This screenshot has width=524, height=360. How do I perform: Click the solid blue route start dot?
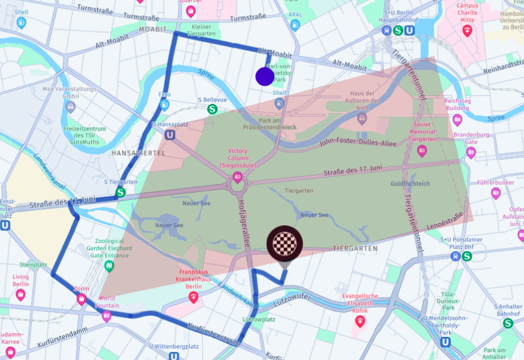[x=264, y=77]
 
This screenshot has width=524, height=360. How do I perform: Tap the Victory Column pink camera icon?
[x=237, y=177]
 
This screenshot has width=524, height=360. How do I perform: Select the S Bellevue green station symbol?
[x=212, y=109]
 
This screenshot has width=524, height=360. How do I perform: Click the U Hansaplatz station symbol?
[x=170, y=135]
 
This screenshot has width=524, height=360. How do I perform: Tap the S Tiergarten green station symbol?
[x=121, y=193]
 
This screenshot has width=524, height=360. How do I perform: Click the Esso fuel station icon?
[x=164, y=104]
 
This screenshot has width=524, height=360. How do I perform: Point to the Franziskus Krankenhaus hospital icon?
[x=193, y=297]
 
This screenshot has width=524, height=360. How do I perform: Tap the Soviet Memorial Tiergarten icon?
[x=422, y=151]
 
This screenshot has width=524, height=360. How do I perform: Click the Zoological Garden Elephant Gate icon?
[x=109, y=266]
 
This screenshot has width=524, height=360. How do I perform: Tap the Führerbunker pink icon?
[x=496, y=193]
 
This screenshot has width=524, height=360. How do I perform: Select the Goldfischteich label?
[x=410, y=184]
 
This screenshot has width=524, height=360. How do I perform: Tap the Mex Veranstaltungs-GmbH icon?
[x=71, y=107]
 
